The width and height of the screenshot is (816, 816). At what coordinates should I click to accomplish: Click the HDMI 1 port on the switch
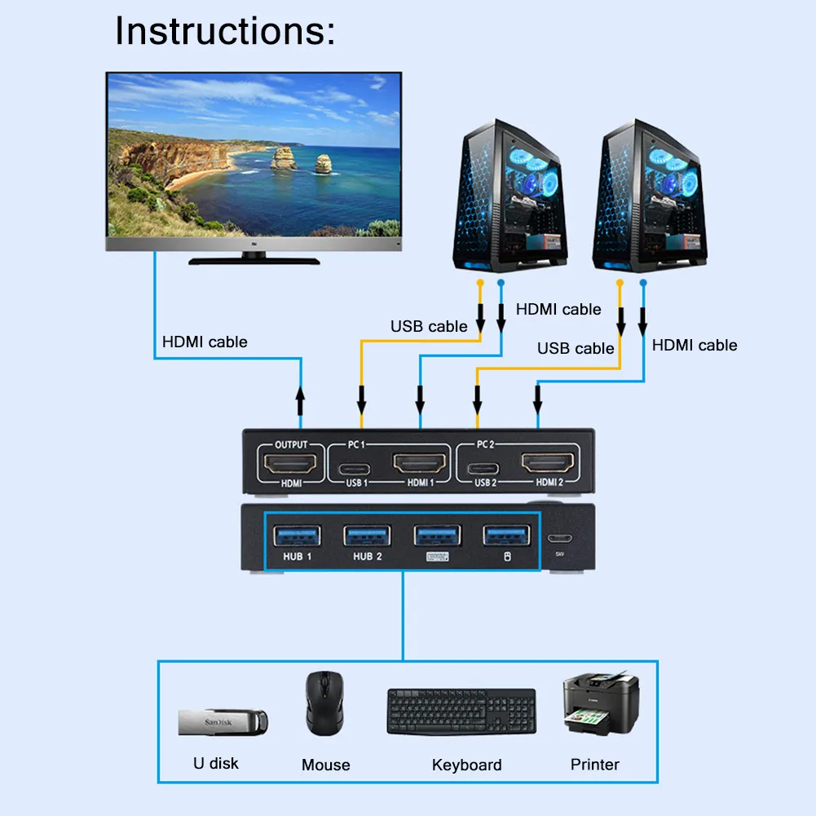(x=421, y=465)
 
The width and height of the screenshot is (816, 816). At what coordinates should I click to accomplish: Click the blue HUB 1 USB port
(x=298, y=536)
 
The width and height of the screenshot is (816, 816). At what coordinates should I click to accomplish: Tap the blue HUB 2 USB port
(x=367, y=536)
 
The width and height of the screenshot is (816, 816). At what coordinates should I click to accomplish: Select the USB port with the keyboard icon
(x=437, y=536)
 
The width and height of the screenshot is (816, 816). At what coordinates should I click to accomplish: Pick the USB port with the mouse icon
(x=506, y=536)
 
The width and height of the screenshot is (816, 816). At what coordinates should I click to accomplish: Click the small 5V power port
(x=559, y=539)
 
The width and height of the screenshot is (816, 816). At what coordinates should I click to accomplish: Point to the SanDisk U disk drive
(x=223, y=721)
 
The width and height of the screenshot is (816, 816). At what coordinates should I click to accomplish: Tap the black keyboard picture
(x=461, y=711)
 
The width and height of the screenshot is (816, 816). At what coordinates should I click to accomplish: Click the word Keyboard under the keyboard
(x=466, y=765)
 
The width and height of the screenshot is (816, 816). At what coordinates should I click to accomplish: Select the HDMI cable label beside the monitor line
(x=205, y=342)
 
